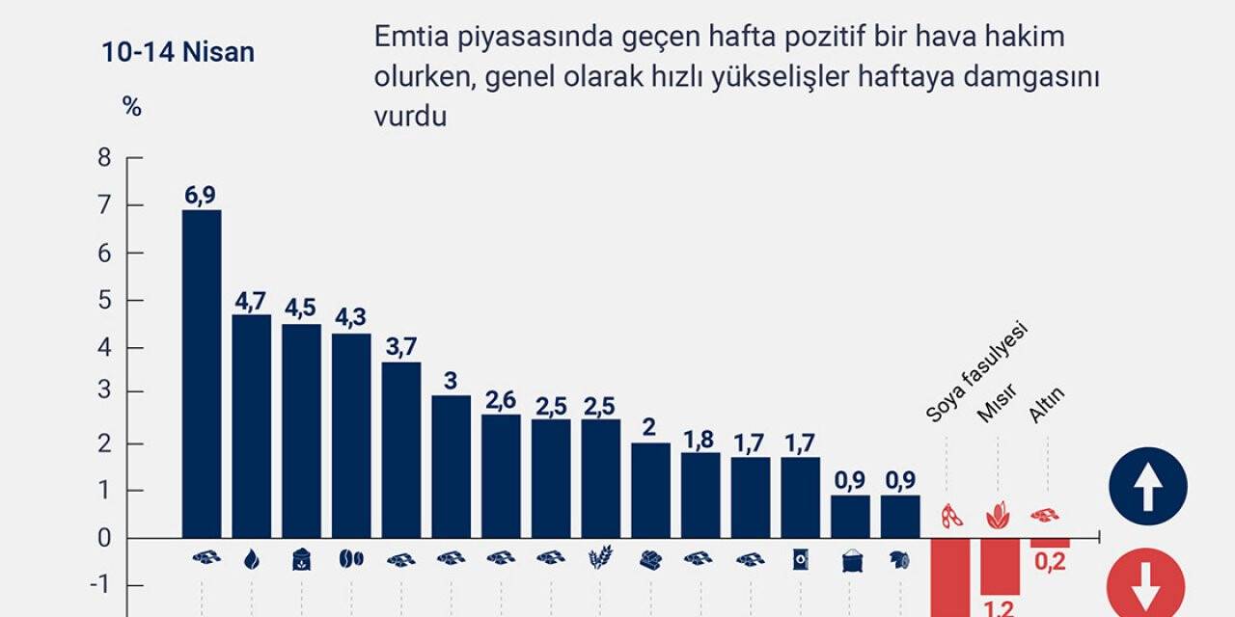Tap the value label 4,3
pos(351,318)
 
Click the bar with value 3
pos(452,467)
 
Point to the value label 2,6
pos(501,399)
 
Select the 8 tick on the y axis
pos(104,158)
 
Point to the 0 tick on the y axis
pos(104,538)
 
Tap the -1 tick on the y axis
pos(102,585)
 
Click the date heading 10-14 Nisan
pos(178,52)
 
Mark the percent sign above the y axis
pos(132,107)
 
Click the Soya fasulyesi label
pos(976,371)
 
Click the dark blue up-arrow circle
pos(1147,486)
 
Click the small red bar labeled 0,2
pos(1050,543)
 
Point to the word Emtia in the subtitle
pos(403,37)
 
